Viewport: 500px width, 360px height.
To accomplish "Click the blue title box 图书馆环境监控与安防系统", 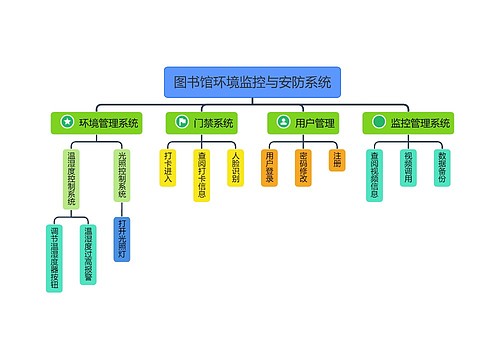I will coord(252,82).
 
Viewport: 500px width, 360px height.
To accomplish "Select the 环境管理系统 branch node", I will coord(97,123).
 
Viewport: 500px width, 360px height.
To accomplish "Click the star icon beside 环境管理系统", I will coord(67,123).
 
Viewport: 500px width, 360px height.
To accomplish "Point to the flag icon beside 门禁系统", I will coord(181,123).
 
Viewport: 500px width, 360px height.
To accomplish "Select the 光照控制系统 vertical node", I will coord(121,175).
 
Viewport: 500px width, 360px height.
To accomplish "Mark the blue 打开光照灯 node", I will coord(121,238).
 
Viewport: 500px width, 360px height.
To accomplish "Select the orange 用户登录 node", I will coord(270,167).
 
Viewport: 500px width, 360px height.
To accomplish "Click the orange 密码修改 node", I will coord(304,167).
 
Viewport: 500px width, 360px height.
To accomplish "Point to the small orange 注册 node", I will coord(337,159).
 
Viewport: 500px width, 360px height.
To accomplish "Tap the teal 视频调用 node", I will coord(408,167).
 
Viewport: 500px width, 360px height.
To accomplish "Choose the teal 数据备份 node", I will coord(441,167).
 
